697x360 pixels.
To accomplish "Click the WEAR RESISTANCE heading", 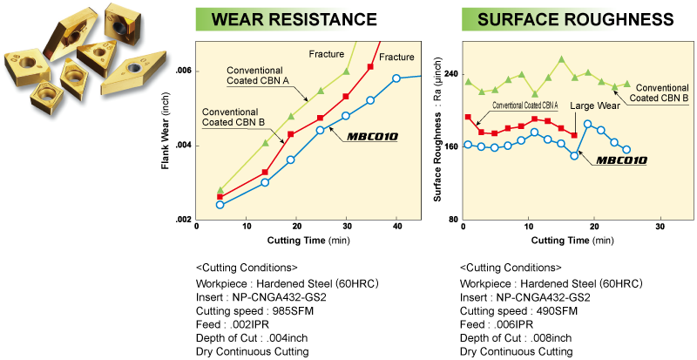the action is [294, 19].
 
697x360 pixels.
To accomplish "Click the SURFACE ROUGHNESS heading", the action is [576, 19].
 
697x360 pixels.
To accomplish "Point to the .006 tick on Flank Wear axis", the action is [182, 71].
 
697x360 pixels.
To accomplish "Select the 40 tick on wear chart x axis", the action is [397, 227].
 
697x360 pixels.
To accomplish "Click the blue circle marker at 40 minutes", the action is [396, 78].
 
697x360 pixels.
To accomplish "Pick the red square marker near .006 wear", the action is [370, 67].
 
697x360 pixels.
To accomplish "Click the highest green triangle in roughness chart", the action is [561, 59].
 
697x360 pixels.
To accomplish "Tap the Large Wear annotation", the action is [595, 106].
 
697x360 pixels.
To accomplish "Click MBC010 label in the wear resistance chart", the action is [372, 136].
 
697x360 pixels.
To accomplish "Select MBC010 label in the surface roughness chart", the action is [621, 160].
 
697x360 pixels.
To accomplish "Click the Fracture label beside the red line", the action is [396, 57].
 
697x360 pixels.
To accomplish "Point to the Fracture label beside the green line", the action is [327, 54].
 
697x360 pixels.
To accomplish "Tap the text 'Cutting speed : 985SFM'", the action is [254, 311].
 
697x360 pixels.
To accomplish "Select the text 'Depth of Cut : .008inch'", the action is [516, 337].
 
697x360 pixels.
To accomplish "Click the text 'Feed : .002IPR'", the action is [233, 324].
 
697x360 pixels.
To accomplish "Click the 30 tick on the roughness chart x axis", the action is [660, 227].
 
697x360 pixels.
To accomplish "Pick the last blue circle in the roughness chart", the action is [626, 150].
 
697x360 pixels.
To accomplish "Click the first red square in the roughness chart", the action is [468, 117].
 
